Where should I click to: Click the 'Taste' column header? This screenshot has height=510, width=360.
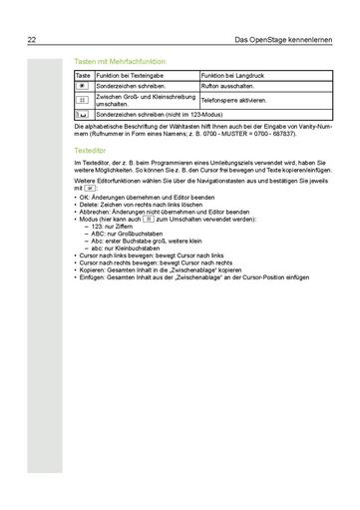point(83,76)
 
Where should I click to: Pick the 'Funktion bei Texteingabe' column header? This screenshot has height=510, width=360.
point(130,76)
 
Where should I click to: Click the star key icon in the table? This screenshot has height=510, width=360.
point(84,87)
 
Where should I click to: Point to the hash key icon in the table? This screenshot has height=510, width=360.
point(84,101)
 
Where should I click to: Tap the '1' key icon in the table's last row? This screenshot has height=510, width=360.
point(84,116)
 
